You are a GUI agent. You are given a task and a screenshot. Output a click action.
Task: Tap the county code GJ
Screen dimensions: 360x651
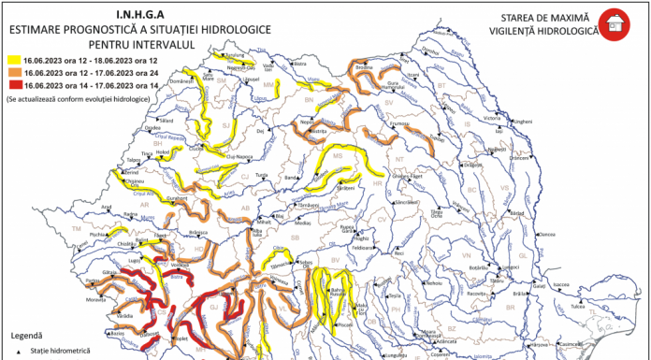point(212,306)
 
